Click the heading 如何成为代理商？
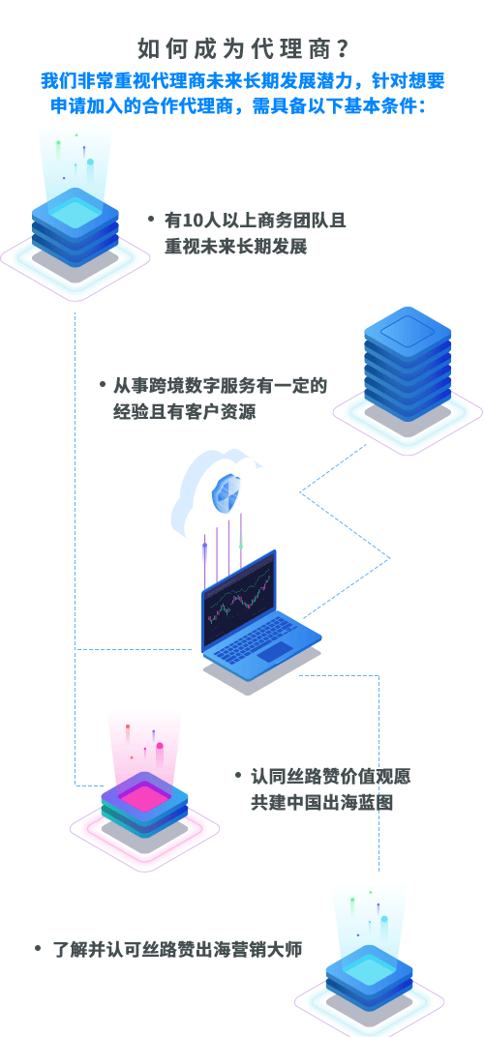(x=242, y=48)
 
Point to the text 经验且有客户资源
(x=184, y=412)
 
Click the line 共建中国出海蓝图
(x=321, y=803)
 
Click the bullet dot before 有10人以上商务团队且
(x=152, y=219)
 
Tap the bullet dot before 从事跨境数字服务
(x=103, y=384)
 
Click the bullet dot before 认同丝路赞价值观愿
(x=238, y=775)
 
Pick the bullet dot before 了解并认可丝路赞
(x=38, y=949)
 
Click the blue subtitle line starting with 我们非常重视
(x=242, y=81)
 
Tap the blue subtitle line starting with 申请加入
(x=242, y=105)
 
